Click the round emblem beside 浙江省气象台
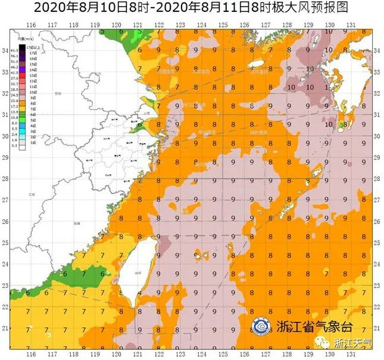[260, 326]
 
